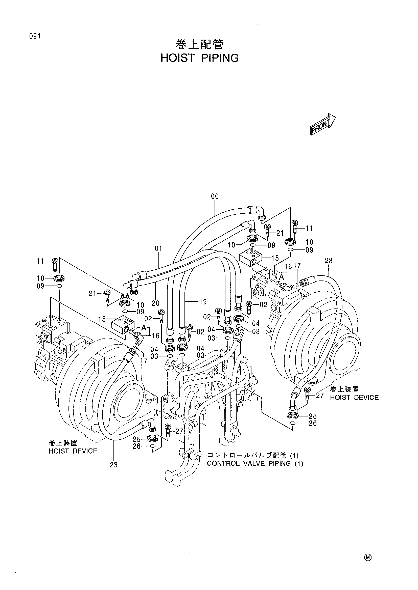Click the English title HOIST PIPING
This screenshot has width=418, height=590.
pos(199,58)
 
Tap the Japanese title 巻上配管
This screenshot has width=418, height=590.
pos(200,45)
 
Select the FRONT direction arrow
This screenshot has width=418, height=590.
pos(322,124)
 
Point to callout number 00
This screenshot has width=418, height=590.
pos(215,196)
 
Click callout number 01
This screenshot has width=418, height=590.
pos(158,249)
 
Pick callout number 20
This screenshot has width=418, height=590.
pos(155,303)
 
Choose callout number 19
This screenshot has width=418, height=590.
pos(203,302)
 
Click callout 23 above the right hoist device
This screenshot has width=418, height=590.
pos(329,261)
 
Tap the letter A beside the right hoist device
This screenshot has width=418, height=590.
pos(282,277)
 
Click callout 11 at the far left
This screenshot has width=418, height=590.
pos(40,262)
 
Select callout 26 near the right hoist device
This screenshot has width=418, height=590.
pos(313,423)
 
